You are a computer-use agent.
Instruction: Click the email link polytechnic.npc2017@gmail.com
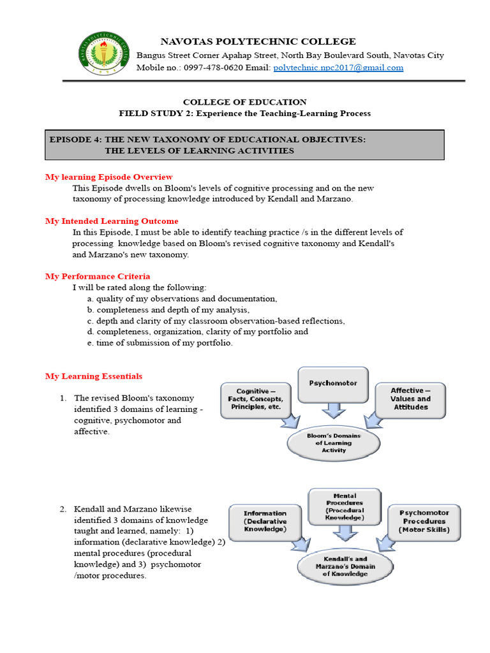point(338,68)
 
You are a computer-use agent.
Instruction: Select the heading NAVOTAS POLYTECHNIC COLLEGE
point(258,41)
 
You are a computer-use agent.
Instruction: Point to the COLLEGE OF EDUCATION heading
point(245,102)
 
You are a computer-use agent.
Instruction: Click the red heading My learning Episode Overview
point(108,177)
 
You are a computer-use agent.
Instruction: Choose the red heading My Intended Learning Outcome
point(112,221)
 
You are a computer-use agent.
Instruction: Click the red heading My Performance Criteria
point(98,276)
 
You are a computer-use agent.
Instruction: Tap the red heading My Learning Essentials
point(94,376)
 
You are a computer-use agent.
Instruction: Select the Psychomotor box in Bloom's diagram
point(333,384)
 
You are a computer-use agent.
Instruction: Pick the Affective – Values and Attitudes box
point(410,399)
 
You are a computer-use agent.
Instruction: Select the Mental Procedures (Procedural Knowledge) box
point(345,506)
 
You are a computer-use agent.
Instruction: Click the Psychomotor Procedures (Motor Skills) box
point(424,521)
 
